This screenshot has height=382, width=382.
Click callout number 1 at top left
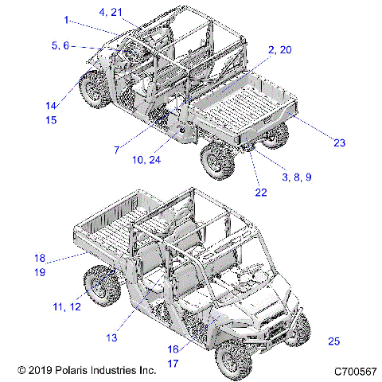pyautogui.click(x=67, y=19)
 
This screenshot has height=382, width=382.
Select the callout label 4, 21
pyautogui.click(x=111, y=12)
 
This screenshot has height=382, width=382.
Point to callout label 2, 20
pyautogui.click(x=279, y=49)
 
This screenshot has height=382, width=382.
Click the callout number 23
pyautogui.click(x=339, y=143)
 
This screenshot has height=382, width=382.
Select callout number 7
pyautogui.click(x=116, y=149)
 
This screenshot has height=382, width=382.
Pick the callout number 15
pyautogui.click(x=51, y=120)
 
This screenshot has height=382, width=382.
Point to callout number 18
pyautogui.click(x=40, y=257)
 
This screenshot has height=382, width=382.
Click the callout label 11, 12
pyautogui.click(x=68, y=306)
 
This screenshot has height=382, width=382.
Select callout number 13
pyautogui.click(x=112, y=337)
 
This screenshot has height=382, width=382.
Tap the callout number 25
pyautogui.click(x=333, y=341)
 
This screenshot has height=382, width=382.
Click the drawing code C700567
pyautogui.click(x=354, y=371)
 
